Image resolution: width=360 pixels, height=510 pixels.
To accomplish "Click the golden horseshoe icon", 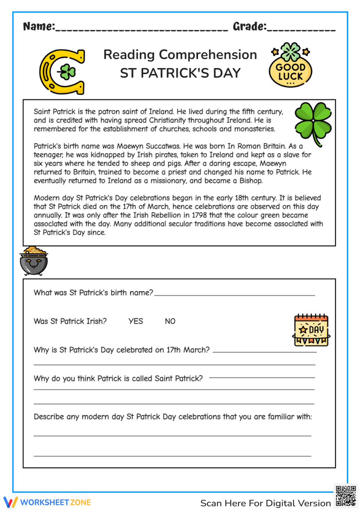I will tap(62, 72).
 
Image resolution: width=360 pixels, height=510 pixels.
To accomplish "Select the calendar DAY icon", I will tap(311, 330).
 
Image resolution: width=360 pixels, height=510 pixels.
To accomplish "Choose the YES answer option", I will tap(136, 321).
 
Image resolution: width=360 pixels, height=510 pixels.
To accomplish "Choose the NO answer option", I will tap(170, 321).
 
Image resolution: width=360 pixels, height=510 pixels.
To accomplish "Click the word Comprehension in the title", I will tap(208, 55).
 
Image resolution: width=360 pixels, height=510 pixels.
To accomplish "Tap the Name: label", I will tap(39, 26).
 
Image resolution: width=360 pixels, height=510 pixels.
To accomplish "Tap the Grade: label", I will tap(249, 26).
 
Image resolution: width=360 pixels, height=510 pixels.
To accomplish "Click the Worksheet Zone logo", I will tap(47, 502).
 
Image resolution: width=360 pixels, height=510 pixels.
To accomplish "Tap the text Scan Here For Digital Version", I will tap(265, 503).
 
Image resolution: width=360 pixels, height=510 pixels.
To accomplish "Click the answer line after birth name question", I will tap(234, 295).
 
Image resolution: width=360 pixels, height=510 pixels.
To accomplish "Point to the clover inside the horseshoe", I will tap(67, 72).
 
